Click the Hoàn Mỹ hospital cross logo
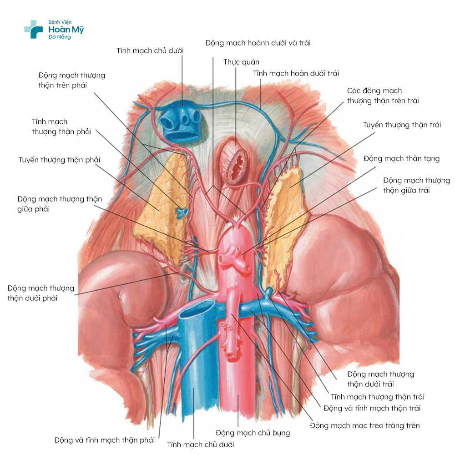pos(33,29)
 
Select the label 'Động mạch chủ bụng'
pos(253,433)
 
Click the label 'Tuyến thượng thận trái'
pos(402,125)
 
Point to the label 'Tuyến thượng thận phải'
pos(60,160)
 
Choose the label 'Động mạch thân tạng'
pos(402,158)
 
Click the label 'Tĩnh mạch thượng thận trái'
pos(378,397)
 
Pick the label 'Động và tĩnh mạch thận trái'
pos(372,408)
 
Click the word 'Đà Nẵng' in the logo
pos(60,37)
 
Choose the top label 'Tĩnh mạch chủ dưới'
pos(150,50)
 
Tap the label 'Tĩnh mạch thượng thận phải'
pos(61,126)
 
